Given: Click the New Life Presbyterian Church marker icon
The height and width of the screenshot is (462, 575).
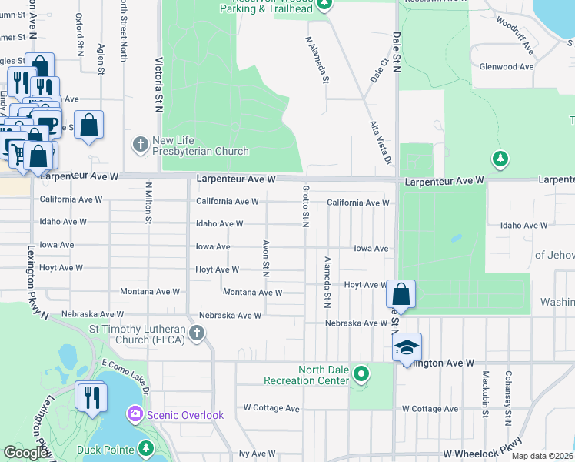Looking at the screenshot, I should coord(141,144).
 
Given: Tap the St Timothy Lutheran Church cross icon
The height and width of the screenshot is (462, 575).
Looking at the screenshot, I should coord(197,333).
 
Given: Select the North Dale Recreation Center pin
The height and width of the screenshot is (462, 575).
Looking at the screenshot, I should coord(361,375).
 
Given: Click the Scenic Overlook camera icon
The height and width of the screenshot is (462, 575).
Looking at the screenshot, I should coord(135,415).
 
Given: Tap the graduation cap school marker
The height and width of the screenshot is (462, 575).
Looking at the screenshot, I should coord(407,346).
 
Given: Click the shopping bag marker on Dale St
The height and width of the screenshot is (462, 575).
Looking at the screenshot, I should coord(401,293).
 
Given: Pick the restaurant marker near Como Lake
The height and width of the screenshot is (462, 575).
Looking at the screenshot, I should coord(90,397).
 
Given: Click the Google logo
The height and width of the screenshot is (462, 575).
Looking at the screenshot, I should coord(26,454).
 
